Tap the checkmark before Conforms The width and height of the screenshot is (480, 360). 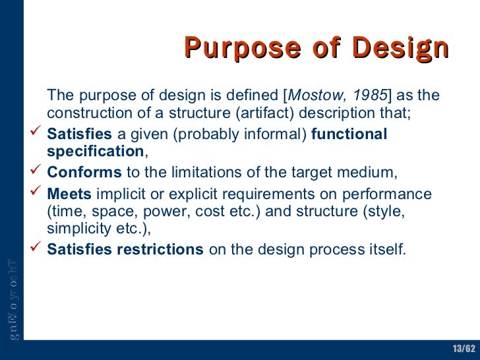(37, 173)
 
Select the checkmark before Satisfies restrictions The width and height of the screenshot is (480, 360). (37, 250)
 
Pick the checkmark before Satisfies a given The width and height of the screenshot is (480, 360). (37, 135)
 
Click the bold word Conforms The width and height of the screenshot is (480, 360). (84, 173)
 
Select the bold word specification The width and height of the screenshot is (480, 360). (94, 152)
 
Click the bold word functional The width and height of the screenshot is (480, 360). (349, 135)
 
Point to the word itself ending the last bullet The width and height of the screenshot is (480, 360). (388, 250)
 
